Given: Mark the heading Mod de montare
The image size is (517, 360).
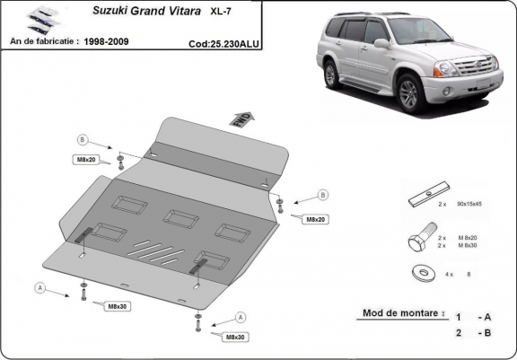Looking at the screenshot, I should pos(403,313).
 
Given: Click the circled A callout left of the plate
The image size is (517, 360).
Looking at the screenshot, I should pos(39,287).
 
